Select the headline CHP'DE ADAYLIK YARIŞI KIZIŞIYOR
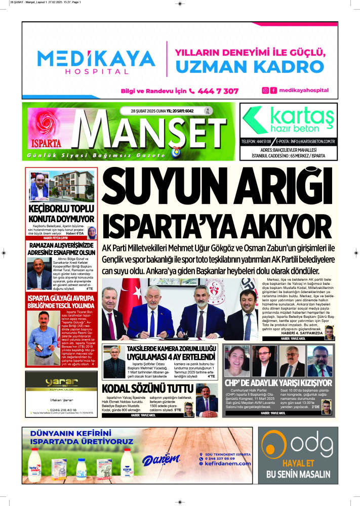tap(278, 383)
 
